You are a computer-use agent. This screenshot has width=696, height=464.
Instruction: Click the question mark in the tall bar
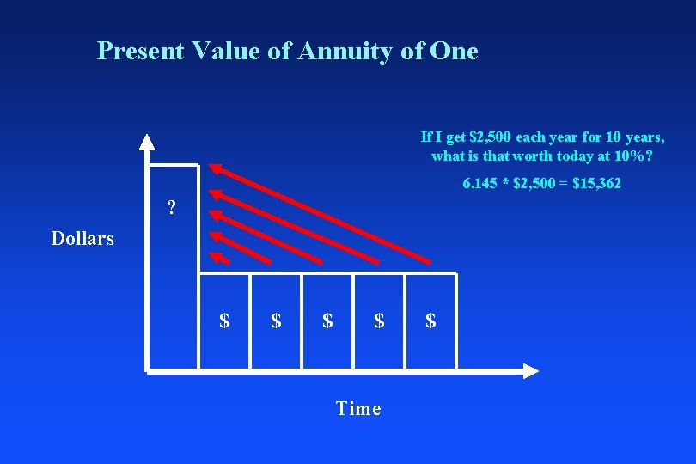pyautogui.click(x=172, y=208)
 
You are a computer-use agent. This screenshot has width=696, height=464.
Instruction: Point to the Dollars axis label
pyautogui.click(x=82, y=239)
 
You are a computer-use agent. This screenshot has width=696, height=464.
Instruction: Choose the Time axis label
pyautogui.click(x=358, y=409)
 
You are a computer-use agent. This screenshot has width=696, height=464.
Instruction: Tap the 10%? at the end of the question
pyautogui.click(x=632, y=156)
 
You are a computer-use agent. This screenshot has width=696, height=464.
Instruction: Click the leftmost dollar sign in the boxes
pyautogui.click(x=224, y=321)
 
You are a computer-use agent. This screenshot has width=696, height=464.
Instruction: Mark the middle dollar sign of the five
pyautogui.click(x=327, y=321)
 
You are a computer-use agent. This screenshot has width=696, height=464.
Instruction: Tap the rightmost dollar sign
pyautogui.click(x=430, y=321)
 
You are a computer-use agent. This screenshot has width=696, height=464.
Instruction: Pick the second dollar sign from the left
pyautogui.click(x=276, y=321)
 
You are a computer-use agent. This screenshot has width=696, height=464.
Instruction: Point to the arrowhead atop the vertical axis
pyautogui.click(x=148, y=143)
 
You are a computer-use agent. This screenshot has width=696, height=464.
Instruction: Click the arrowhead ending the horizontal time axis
pyautogui.click(x=530, y=371)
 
